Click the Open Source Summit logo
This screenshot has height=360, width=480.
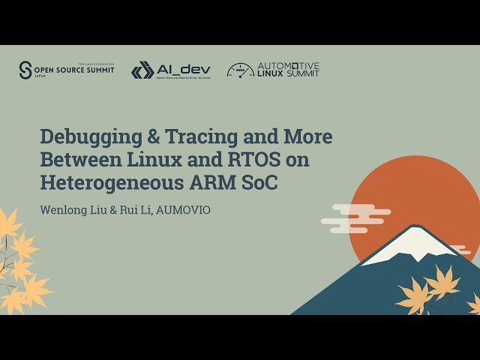point(66,70)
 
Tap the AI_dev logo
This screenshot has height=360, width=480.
point(171,70)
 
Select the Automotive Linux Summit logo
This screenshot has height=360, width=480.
point(273,70)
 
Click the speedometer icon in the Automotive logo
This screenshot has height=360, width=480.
point(240,70)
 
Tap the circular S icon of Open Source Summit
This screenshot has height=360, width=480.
point(26,70)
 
